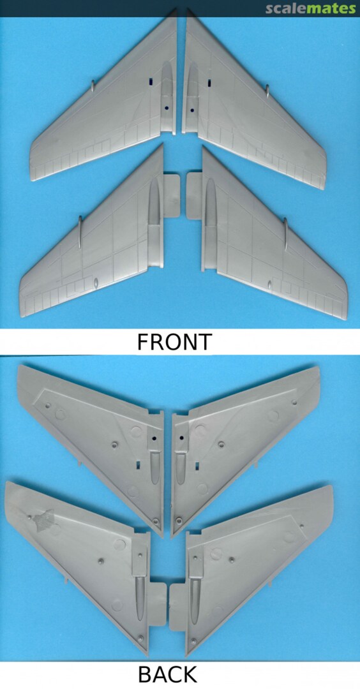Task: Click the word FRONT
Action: point(174,342)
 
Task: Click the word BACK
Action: point(167,674)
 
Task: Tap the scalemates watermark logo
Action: point(310,8)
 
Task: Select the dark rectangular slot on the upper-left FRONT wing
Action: point(151,81)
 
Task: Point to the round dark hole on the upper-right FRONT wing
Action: point(192,110)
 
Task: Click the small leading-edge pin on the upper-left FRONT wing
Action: point(93,85)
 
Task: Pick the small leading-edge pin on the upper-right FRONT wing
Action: point(267,90)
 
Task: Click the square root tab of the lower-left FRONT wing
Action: point(172,196)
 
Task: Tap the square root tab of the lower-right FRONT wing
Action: point(194,196)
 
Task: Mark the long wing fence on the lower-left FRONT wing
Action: point(80,232)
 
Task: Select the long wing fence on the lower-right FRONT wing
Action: point(285,234)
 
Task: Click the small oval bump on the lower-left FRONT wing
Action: point(96,283)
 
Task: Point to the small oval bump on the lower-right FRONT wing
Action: point(269,285)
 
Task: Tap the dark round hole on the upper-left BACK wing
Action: point(154,438)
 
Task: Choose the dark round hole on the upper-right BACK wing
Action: point(181,438)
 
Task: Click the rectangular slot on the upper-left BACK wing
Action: point(138,464)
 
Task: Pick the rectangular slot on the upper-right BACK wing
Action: point(197,466)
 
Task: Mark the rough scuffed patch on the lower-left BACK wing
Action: point(42,521)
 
